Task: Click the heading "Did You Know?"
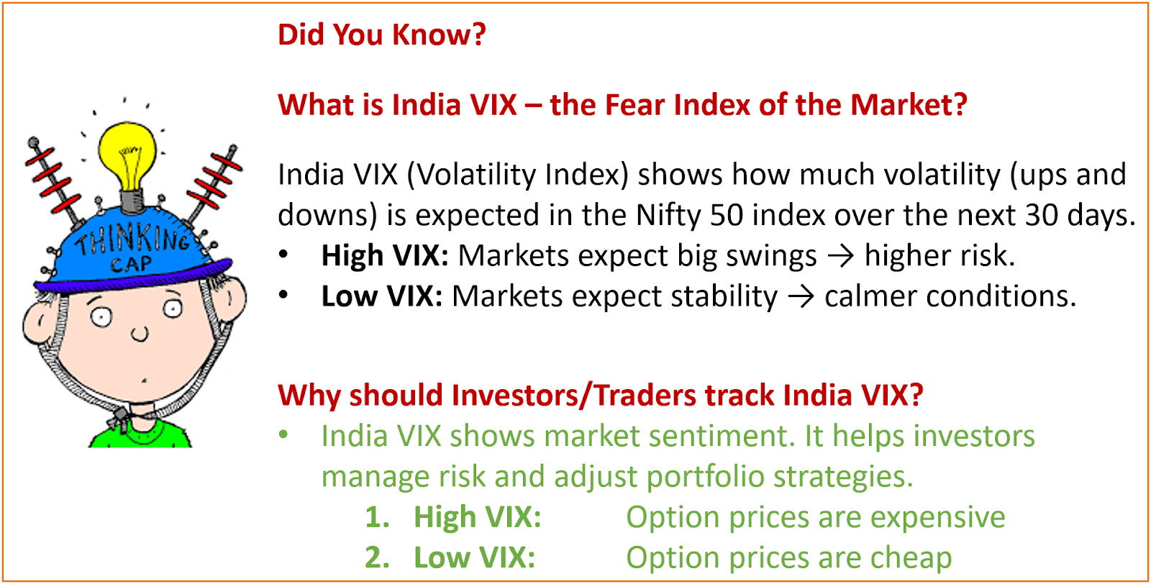pyautogui.click(x=382, y=35)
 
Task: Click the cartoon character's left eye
pyautogui.click(x=101, y=316)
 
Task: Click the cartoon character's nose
pyautogui.click(x=140, y=334)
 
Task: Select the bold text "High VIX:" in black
pyautogui.click(x=385, y=255)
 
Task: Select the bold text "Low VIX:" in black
pyautogui.click(x=382, y=296)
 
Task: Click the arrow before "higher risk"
pyautogui.click(x=841, y=256)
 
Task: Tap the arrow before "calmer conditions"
pyautogui.click(x=801, y=296)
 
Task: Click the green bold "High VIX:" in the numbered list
pyautogui.click(x=478, y=516)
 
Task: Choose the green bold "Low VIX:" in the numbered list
pyautogui.click(x=474, y=557)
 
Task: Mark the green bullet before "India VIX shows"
pyautogui.click(x=283, y=435)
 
